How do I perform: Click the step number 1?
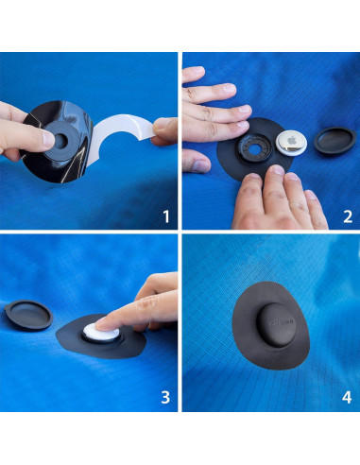(166, 216)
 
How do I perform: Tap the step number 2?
(348, 216)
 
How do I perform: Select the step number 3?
(165, 398)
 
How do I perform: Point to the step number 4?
(347, 398)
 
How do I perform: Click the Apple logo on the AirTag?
(292, 140)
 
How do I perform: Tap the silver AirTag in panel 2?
(291, 143)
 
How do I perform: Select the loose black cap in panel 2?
(335, 141)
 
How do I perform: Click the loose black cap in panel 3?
(28, 315)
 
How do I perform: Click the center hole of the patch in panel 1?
(60, 142)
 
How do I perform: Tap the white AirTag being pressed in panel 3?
(101, 333)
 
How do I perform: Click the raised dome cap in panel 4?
(276, 325)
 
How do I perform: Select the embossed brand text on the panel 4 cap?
(281, 322)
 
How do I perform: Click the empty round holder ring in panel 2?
(255, 148)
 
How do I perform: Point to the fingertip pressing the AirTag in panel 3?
(102, 324)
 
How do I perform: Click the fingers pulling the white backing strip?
(164, 131)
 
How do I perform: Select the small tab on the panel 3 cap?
(7, 307)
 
